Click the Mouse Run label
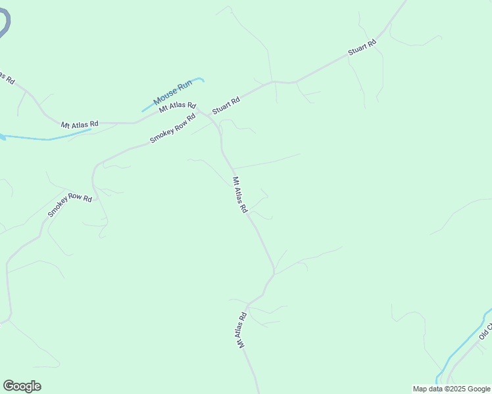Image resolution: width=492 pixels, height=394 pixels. [x=173, y=93]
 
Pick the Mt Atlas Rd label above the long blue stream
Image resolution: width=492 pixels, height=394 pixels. [x=79, y=123]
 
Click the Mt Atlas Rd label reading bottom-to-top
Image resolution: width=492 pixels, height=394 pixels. [x=241, y=330]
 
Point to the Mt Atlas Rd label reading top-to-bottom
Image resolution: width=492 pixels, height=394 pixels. [x=239, y=194]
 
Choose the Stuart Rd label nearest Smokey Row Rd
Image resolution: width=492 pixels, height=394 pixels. [x=226, y=105]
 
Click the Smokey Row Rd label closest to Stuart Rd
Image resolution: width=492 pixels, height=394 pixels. [x=173, y=129]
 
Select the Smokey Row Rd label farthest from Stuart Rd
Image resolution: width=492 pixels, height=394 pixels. [x=69, y=206]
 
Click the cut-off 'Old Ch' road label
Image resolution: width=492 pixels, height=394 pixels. [x=485, y=332]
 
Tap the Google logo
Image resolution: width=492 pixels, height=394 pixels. [x=22, y=386]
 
